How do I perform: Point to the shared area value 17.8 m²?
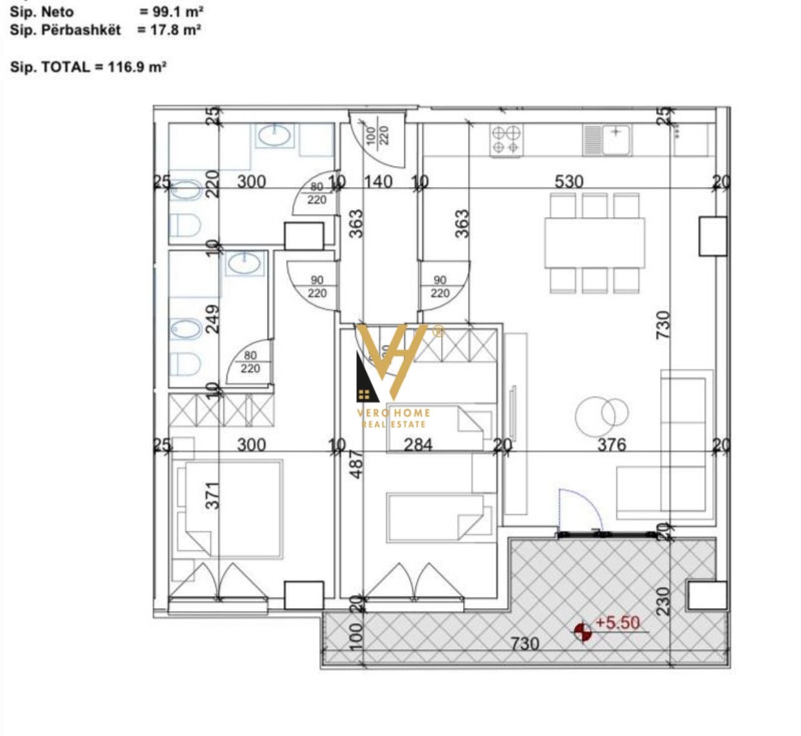(169, 30)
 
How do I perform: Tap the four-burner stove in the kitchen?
(506, 140)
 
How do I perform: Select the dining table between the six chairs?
(595, 243)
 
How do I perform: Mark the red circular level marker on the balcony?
(583, 632)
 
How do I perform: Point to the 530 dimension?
(569, 182)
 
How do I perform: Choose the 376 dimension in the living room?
(611, 445)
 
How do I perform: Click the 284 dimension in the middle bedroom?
(418, 445)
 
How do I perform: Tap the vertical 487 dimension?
(356, 465)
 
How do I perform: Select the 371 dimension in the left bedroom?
(213, 495)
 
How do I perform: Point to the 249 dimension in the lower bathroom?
(213, 318)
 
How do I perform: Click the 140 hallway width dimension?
(378, 182)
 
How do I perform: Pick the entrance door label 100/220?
(379, 135)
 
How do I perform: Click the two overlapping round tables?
(602, 415)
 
